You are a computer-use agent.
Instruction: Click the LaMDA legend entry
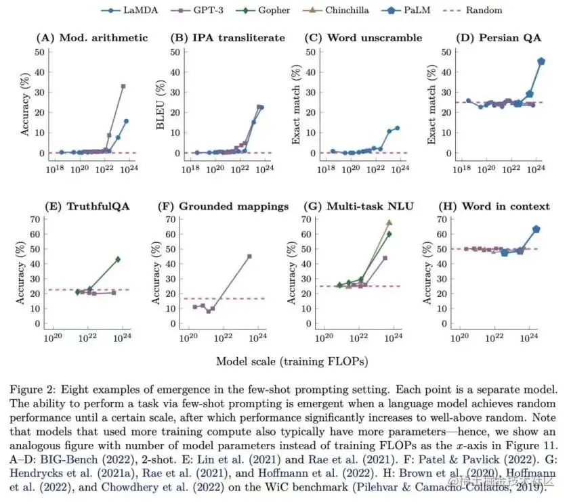click(129, 10)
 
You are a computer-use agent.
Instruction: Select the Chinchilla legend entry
click(336, 10)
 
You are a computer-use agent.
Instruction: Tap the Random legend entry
click(473, 10)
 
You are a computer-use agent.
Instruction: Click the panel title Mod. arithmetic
click(104, 38)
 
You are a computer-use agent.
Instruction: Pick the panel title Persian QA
click(510, 38)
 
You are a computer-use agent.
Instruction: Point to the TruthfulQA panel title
click(98, 206)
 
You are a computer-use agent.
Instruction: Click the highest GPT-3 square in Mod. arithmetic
click(123, 87)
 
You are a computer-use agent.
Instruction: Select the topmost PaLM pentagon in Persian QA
click(541, 62)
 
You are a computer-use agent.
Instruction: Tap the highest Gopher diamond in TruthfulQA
click(118, 260)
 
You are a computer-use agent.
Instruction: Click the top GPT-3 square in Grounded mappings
click(249, 256)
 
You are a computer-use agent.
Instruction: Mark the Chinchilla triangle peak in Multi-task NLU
click(389, 223)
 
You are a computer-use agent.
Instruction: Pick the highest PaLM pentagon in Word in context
click(536, 229)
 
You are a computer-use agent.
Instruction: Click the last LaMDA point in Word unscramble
click(397, 128)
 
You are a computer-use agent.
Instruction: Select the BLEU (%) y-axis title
click(161, 104)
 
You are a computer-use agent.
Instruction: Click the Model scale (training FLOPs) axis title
click(292, 361)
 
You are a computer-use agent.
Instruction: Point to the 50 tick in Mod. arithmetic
click(39, 52)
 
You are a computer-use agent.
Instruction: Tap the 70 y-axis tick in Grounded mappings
click(171, 219)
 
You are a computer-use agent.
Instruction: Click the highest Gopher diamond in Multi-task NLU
click(389, 234)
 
